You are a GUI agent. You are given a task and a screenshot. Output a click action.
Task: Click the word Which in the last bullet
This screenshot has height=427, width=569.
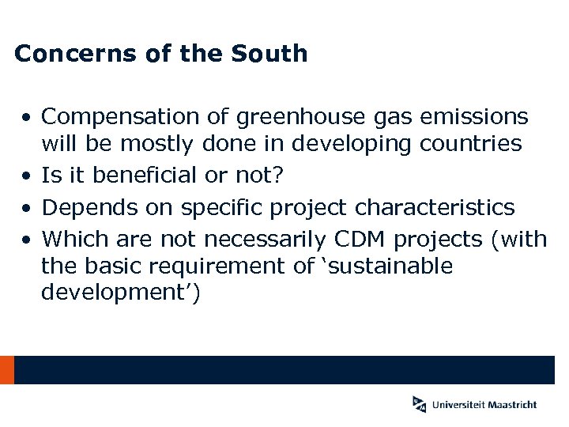[x=71, y=239]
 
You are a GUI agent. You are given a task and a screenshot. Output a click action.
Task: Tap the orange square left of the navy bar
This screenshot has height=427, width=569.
[x=7, y=370]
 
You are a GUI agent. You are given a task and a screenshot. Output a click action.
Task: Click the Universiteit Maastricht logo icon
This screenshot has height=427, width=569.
[x=419, y=403]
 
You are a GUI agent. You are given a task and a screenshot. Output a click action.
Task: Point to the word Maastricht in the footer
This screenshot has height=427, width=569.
[x=512, y=404]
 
